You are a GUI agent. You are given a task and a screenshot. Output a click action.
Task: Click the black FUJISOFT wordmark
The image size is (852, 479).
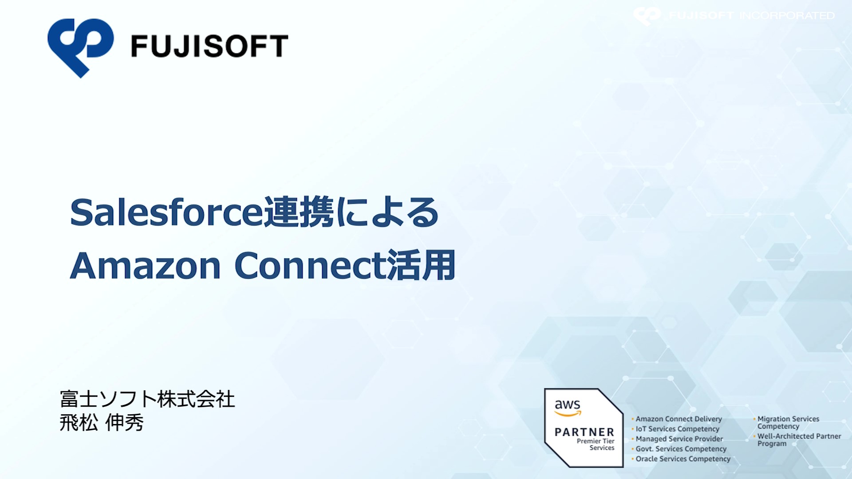point(209,46)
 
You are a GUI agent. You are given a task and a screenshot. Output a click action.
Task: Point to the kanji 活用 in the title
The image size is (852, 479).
point(421,265)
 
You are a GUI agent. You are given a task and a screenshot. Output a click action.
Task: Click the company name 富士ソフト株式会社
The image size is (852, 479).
point(147,399)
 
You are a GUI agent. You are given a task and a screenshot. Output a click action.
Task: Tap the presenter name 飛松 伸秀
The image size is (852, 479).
point(102,422)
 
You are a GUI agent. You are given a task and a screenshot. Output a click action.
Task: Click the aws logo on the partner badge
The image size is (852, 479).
point(568,407)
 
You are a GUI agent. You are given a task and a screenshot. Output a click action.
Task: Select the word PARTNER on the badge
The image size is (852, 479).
point(584,432)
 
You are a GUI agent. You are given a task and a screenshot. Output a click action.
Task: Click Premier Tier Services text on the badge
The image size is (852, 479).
point(596,444)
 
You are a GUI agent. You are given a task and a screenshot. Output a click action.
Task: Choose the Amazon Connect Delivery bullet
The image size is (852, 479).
point(678,419)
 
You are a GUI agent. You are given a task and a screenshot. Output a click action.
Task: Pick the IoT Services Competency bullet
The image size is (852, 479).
point(677,429)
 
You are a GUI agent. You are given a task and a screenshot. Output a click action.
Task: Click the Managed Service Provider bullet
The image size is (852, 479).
point(679,439)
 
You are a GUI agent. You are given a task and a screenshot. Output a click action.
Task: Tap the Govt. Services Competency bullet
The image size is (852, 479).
point(681,449)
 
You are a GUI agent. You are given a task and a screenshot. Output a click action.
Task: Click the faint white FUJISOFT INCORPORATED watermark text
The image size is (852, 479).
point(752,16)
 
